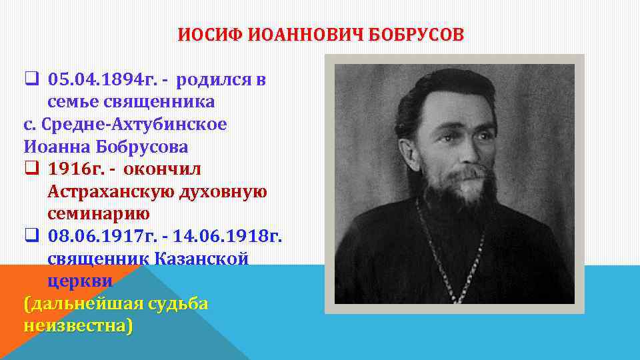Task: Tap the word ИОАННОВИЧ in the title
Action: point(300,35)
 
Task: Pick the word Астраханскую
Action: point(110,191)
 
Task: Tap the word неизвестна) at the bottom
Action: point(77,327)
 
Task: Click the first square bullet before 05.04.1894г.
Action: point(30,81)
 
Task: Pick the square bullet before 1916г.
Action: point(30,169)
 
